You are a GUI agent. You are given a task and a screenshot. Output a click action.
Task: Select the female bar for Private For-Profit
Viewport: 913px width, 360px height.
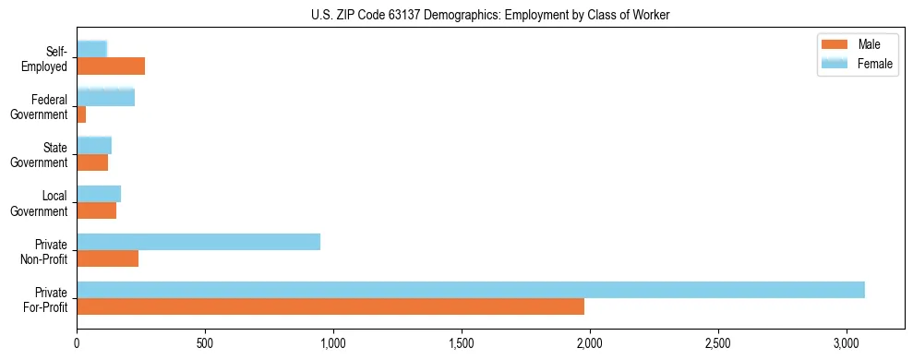pos(471,290)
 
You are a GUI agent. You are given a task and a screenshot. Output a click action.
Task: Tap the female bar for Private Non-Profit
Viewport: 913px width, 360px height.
pos(198,242)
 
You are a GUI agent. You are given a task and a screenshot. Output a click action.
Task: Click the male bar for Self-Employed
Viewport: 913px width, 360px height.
pos(111,66)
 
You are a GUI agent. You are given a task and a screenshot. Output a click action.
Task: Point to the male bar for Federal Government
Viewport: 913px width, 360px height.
pos(81,114)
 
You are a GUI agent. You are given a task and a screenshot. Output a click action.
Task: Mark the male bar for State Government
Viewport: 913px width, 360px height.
pos(92,162)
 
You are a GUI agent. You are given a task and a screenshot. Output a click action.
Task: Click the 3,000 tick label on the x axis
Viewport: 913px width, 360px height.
pos(846,343)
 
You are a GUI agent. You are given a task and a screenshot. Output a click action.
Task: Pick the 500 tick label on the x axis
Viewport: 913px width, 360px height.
pos(205,343)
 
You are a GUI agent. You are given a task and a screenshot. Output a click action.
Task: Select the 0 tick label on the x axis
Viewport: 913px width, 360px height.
pos(78,343)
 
